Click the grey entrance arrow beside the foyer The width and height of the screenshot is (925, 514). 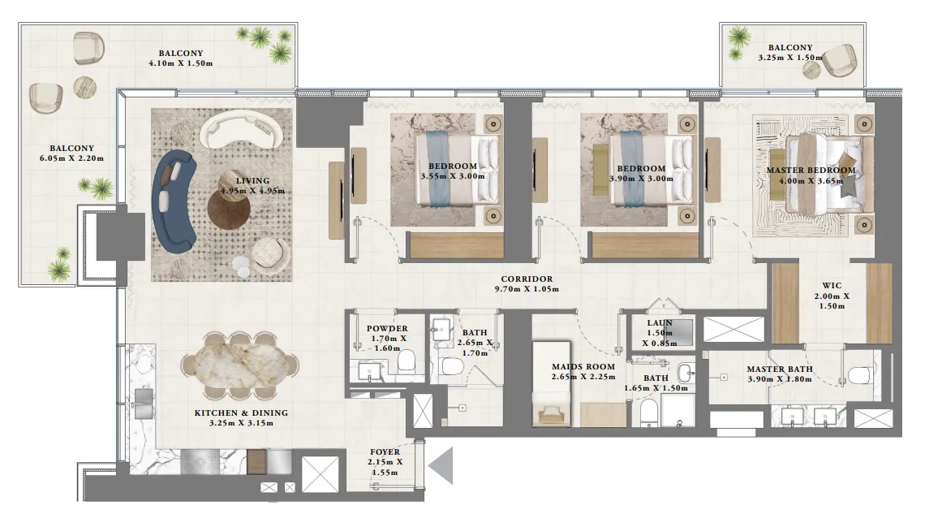click(442, 467)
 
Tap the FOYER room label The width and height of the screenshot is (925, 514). click(385, 451)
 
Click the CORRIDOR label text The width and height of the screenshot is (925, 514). click(527, 279)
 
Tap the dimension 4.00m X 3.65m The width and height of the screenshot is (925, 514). click(811, 181)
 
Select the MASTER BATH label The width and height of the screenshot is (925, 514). click(779, 369)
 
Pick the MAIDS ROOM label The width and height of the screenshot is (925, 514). click(583, 366)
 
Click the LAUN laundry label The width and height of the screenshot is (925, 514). click(660, 322)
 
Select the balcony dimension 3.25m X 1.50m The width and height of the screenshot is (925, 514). click(789, 58)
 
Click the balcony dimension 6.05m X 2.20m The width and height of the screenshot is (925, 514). click(76, 158)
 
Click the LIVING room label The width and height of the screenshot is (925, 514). click(252, 180)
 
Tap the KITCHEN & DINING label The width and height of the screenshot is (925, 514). click(240, 412)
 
